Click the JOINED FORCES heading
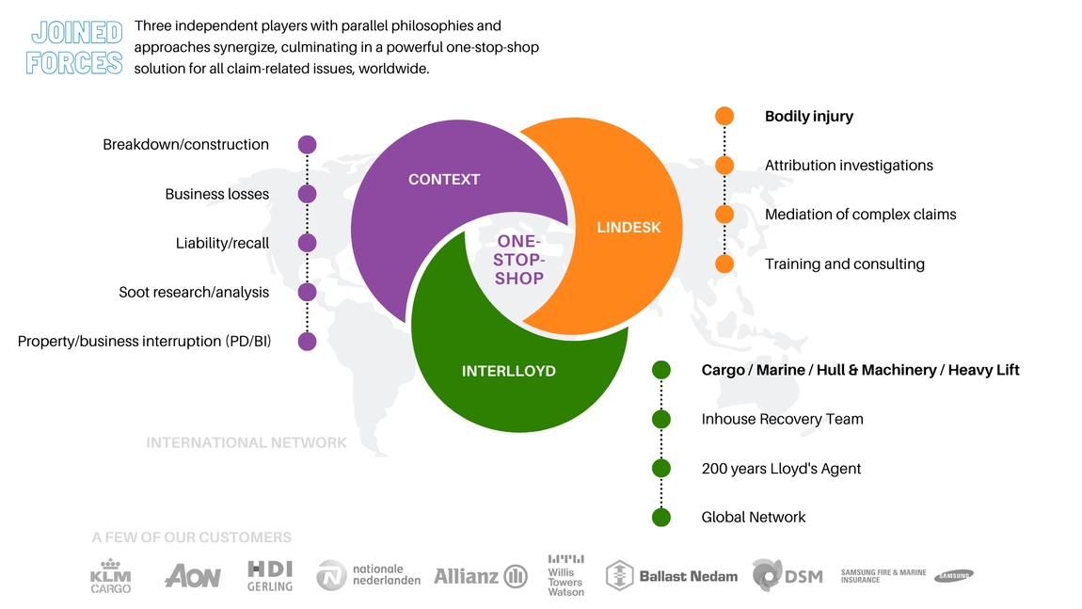click(x=74, y=47)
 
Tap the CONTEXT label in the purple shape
click(x=444, y=180)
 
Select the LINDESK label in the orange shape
click(x=629, y=227)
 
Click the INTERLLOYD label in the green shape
click(x=509, y=371)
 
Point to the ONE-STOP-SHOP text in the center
click(x=519, y=260)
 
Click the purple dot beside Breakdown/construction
click(x=307, y=144)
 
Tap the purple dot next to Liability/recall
click(x=307, y=243)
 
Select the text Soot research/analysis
click(x=194, y=292)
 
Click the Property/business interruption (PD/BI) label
click(x=144, y=341)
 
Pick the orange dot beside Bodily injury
click(x=724, y=116)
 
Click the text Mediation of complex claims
click(x=861, y=215)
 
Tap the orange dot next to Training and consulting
click(x=724, y=264)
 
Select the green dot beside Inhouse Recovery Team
click(x=661, y=419)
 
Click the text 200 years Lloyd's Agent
click(x=781, y=469)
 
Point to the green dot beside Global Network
click(x=661, y=517)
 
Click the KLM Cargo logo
click(x=110, y=577)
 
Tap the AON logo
click(x=193, y=576)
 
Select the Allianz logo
click(x=481, y=576)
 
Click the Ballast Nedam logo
click(x=672, y=576)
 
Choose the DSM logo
click(x=788, y=575)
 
